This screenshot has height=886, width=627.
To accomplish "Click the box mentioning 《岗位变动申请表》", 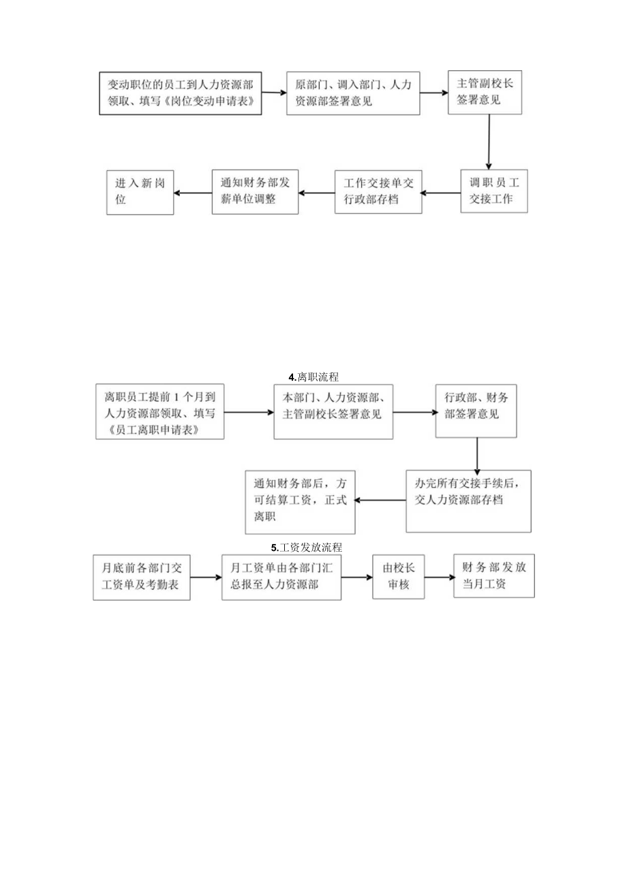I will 181,93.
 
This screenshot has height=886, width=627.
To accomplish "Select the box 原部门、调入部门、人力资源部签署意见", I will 353,93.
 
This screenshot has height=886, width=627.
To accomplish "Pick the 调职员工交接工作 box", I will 494,191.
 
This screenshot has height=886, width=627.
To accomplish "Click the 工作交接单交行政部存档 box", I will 378,191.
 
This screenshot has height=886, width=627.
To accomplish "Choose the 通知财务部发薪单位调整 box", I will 255,191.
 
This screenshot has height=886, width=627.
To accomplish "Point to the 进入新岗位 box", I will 140,191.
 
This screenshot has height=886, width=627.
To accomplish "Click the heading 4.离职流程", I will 314,377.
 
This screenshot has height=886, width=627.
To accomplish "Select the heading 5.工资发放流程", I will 306,547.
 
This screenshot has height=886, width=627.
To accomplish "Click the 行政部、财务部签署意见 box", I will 476,411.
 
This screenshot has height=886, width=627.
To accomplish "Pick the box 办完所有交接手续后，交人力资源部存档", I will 468,501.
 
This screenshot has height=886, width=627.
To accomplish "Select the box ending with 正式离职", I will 301,501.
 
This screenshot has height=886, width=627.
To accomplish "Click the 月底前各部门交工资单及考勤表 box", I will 142,578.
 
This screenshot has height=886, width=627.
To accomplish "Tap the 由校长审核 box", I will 399,577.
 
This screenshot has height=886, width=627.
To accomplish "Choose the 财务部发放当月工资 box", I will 494,576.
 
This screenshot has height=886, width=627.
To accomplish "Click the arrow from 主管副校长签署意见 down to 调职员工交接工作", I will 489,142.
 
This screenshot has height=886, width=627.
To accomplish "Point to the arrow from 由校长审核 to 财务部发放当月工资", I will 440,577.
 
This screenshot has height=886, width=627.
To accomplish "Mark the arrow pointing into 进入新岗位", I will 193,192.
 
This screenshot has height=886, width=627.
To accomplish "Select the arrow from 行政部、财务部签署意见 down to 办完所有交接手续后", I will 477,454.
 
